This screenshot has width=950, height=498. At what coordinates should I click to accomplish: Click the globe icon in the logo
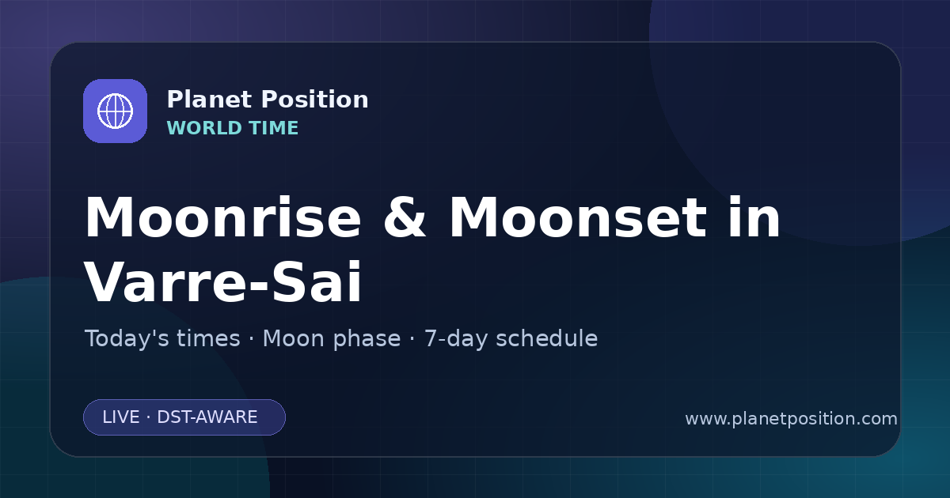(x=115, y=111)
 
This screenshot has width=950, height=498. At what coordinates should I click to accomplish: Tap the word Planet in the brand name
(x=210, y=100)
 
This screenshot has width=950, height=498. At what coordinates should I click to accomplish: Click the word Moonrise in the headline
(x=223, y=217)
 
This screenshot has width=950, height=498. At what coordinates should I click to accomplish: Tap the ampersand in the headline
(x=405, y=217)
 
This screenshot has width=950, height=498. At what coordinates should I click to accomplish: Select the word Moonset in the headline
(x=578, y=217)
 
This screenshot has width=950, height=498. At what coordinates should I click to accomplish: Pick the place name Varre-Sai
(x=223, y=282)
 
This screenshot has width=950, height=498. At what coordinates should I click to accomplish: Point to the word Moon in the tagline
(x=293, y=339)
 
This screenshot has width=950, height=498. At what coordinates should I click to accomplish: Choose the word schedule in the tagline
(x=547, y=339)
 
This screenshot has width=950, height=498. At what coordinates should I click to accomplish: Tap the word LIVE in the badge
(x=121, y=417)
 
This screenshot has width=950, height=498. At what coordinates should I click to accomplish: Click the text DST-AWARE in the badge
(x=207, y=417)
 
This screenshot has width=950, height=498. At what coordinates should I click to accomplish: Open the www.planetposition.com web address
(x=791, y=419)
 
